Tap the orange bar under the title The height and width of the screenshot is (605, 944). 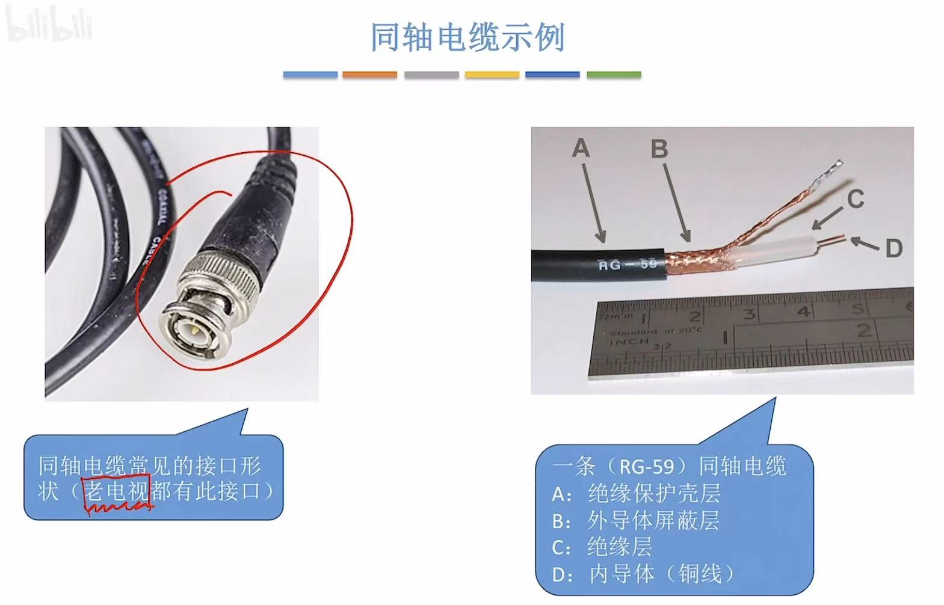pos(369,75)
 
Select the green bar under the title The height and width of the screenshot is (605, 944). pos(613,75)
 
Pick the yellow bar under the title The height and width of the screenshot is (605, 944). pos(492,75)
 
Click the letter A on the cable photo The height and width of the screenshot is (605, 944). pos(581,148)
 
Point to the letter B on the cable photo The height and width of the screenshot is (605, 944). pos(659,149)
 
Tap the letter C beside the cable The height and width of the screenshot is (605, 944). pos(855,199)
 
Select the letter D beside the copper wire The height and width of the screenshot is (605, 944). pos(893,248)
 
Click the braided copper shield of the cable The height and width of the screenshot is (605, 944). pos(698,260)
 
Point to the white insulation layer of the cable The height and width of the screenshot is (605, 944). pos(782,250)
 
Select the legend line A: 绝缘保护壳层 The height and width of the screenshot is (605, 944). pos(636,494)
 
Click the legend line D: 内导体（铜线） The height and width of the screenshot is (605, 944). pos(643,574)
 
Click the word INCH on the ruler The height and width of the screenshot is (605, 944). pos(629,341)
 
